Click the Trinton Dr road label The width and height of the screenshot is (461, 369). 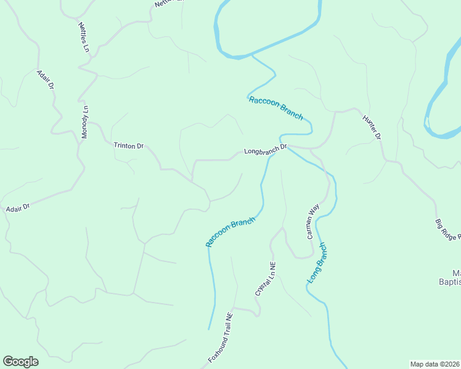128,146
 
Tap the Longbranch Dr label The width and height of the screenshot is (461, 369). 266,149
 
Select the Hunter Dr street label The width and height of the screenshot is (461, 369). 372,127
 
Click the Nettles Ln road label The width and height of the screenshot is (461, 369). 84,37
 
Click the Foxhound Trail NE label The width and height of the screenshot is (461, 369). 220,337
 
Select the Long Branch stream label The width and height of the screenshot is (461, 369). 317,263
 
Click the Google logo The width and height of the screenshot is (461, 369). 20,362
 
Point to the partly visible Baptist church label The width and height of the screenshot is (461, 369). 455,277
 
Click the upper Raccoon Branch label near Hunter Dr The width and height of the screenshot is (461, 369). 275,108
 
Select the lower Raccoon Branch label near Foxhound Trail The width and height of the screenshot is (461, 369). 230,232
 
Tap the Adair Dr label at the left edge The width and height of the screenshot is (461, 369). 17,208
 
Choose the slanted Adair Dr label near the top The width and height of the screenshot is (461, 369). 47,78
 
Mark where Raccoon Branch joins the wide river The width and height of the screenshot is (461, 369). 251,55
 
